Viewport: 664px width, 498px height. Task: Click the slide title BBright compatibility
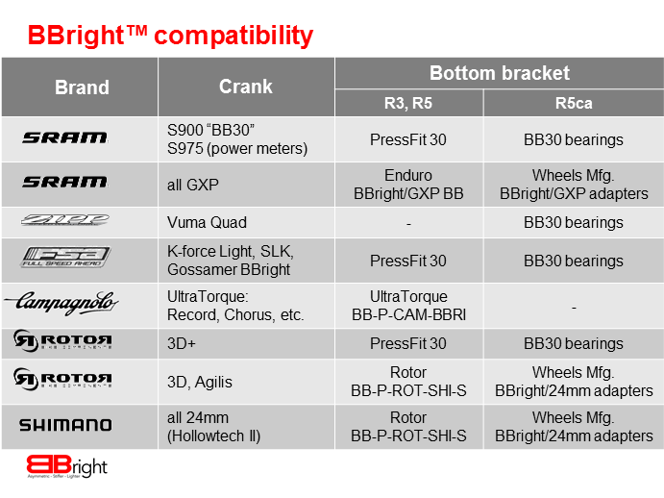(x=170, y=36)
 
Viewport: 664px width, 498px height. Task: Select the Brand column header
(x=82, y=87)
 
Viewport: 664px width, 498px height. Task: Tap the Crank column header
(x=246, y=87)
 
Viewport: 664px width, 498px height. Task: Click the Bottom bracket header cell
(x=499, y=73)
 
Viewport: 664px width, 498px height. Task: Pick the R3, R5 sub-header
(x=408, y=103)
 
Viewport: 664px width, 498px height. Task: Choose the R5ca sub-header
(x=574, y=103)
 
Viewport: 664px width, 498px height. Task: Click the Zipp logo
(x=65, y=221)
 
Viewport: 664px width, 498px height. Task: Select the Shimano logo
(x=65, y=425)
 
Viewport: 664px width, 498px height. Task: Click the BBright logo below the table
(x=66, y=467)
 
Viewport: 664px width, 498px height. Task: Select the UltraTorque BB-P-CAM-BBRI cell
(x=408, y=306)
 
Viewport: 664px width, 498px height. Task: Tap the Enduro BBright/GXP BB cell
(x=408, y=185)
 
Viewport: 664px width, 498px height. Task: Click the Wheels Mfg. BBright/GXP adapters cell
(x=574, y=185)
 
